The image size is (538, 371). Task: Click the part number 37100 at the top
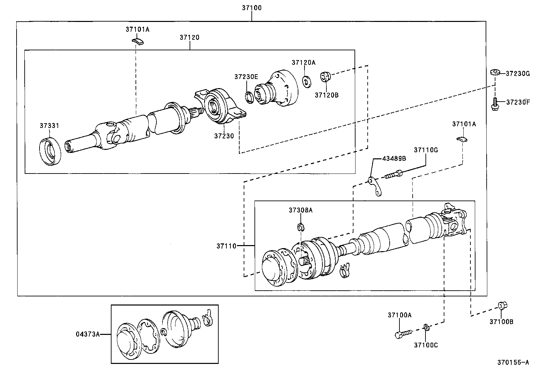[251, 8]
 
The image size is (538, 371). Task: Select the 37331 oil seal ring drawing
[50, 151]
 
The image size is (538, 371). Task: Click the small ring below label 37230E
[249, 97]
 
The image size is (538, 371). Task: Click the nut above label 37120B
[325, 77]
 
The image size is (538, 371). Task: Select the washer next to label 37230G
[495, 73]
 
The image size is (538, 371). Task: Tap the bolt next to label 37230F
[495, 103]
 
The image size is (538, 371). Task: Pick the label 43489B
[394, 158]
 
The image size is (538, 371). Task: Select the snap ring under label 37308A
[300, 227]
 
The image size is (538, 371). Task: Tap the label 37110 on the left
[227, 246]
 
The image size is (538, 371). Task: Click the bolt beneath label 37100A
[403, 334]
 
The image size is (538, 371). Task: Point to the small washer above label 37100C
[426, 327]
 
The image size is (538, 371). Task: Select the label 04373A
[88, 334]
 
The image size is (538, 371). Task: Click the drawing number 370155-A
[513, 363]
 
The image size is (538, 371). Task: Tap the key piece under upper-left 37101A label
[138, 41]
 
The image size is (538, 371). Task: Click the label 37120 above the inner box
[189, 37]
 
